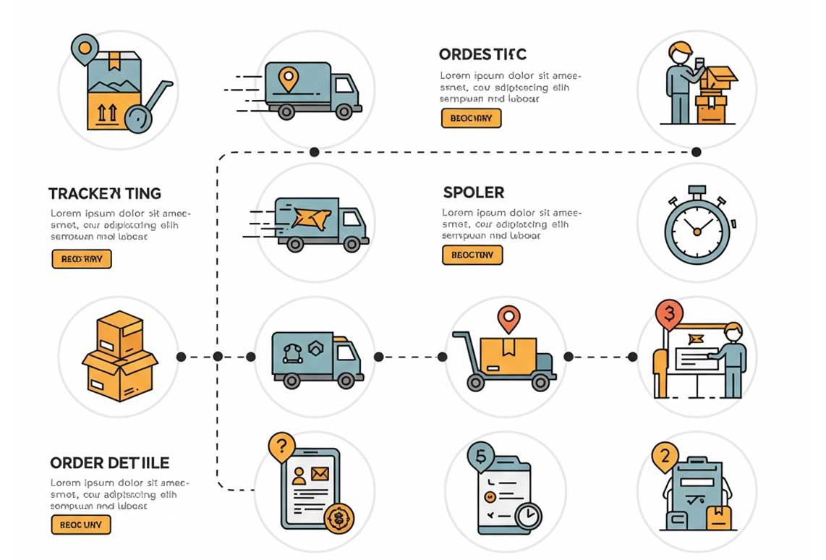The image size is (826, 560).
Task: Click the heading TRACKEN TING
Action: (x=105, y=194)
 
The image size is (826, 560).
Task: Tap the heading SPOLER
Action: (x=474, y=192)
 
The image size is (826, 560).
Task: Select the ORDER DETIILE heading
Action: (x=110, y=463)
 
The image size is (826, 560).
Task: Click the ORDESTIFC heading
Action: (x=482, y=55)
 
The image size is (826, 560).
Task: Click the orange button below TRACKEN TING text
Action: (x=82, y=259)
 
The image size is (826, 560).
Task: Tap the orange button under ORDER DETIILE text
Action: (x=81, y=525)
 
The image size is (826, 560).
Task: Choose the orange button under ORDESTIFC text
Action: (x=471, y=118)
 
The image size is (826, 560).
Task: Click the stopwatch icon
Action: (x=697, y=226)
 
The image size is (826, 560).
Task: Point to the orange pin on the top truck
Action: (x=289, y=78)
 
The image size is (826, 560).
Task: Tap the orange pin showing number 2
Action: (x=665, y=457)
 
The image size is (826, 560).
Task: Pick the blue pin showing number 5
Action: (x=481, y=457)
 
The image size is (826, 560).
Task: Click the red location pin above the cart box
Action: (x=509, y=318)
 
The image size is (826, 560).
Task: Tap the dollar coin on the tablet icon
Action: (x=338, y=518)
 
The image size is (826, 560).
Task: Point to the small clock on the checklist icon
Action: (x=528, y=516)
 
